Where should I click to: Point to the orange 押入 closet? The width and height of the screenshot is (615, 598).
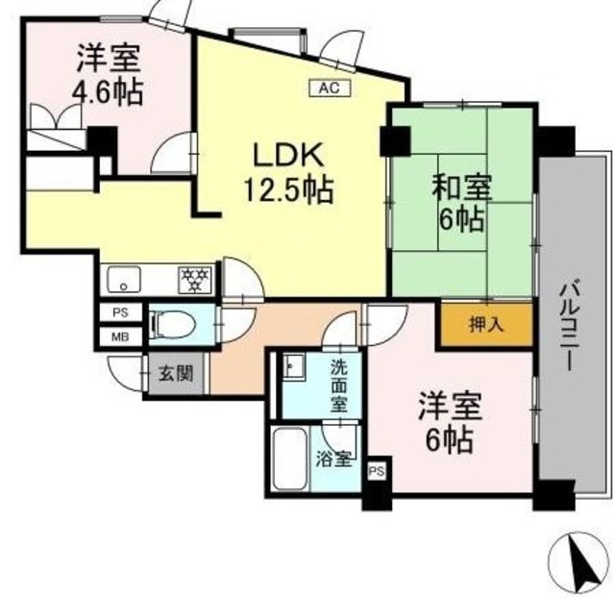486,325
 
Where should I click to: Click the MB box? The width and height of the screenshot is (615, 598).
120,337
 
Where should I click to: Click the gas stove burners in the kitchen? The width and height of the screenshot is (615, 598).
194,280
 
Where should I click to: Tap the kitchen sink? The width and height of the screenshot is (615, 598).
126,281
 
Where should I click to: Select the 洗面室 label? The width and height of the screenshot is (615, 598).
341,384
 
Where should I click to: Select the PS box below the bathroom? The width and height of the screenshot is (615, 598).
378,471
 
